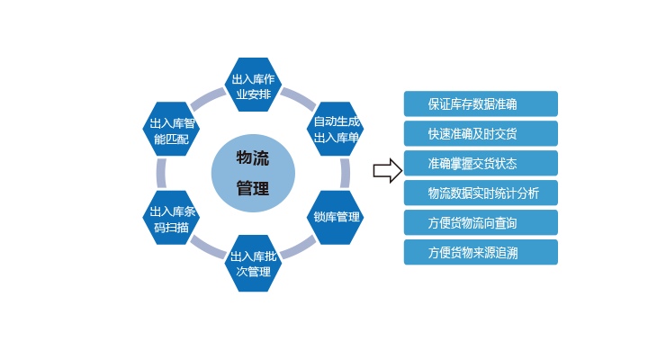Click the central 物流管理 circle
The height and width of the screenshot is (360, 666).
pos(252,173)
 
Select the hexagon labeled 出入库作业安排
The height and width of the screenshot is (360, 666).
pos(253,85)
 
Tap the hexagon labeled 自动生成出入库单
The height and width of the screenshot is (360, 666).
pos(336,129)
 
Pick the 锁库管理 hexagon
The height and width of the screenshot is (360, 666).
pos(336,217)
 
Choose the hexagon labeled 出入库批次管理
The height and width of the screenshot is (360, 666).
pos(253,263)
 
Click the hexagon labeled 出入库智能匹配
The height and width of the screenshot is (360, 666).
pos(170,130)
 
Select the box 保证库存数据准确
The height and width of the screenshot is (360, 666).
pos(480,103)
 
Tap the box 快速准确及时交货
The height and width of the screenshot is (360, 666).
pos(480,134)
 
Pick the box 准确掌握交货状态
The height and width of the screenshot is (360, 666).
pos(480,164)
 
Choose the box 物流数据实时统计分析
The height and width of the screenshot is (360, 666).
pos(480,193)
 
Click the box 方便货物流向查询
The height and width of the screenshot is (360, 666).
pos(480,222)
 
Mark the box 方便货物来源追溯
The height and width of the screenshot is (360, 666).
pos(480,252)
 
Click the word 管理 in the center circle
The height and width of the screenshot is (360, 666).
pos(252,188)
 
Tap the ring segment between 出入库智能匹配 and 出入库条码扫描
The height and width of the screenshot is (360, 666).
pos(161,174)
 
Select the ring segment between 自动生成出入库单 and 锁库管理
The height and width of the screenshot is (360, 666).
pos(345,173)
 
